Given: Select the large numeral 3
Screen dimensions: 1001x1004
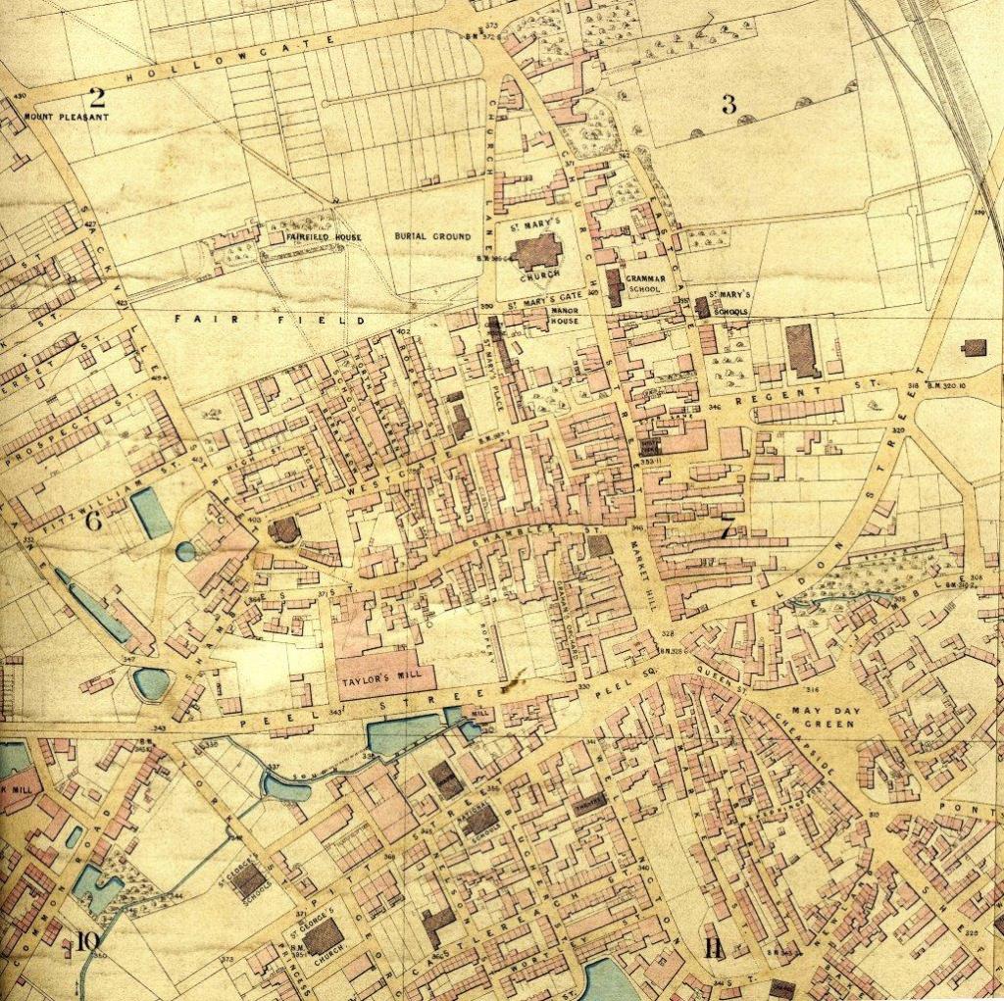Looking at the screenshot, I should coord(728,105).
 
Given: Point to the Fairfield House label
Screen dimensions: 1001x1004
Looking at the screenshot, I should coord(324,237).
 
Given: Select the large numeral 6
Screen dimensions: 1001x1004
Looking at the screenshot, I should coord(94,522).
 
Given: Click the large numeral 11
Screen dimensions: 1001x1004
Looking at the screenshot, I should coord(713,948).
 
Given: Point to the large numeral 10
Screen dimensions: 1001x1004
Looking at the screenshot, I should coord(86,942).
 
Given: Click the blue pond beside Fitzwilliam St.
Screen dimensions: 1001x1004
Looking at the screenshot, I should coord(151,512).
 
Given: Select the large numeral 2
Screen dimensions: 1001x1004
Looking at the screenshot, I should coord(96,96).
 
